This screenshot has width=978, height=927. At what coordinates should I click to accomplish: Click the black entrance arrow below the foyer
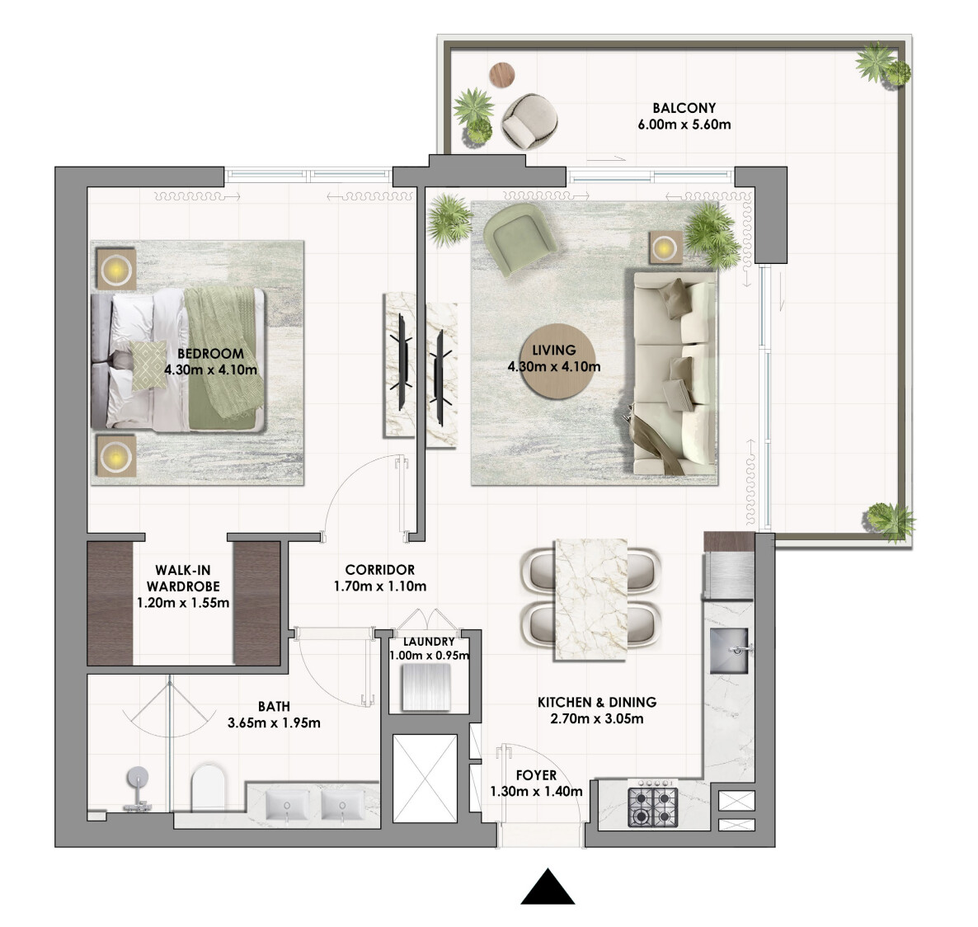point(548,887)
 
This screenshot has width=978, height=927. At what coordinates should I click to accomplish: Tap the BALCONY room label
point(684,108)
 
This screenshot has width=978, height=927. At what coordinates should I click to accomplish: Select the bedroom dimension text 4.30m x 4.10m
point(211,370)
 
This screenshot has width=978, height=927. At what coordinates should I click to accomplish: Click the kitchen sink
point(729,651)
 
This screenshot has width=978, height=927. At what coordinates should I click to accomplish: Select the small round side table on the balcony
point(502,75)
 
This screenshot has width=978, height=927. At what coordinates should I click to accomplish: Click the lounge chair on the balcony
point(529,121)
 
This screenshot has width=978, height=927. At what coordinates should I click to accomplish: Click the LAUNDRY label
point(429,642)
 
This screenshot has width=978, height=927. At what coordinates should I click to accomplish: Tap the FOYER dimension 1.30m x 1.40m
point(536,792)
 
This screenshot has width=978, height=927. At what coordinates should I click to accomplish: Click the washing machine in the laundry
point(426,687)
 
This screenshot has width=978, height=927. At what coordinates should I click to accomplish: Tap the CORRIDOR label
point(380,570)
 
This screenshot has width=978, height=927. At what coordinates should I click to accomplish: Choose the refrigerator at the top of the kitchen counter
point(729,565)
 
